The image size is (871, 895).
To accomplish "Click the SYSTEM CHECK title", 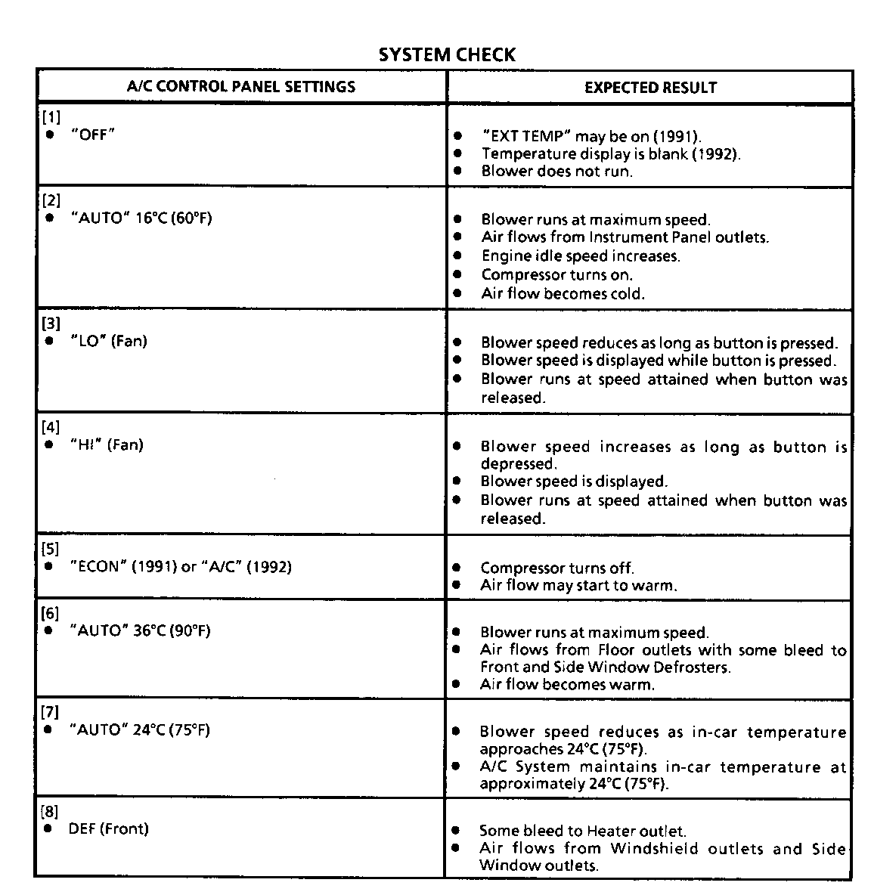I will pos(446,54).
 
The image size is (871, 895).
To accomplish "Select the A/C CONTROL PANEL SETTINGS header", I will pos(240,86).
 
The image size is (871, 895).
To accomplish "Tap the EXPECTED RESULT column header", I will pos(650,87).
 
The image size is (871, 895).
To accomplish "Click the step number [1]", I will pos(51,117).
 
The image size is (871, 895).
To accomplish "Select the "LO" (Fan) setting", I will pos(108,341).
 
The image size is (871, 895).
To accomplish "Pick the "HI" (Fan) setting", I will pos(106,444).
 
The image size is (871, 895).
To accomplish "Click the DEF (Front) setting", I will pos(108,828).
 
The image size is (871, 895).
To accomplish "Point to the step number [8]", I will pos(49,812).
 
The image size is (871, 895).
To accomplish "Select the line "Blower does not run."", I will pos(556,171).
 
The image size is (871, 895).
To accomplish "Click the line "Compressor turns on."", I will pos(556,274).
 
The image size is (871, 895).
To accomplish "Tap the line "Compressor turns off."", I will pos(556,568).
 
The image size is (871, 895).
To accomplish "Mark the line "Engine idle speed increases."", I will pos(580,255).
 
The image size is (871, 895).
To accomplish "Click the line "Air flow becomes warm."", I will pos(567,684).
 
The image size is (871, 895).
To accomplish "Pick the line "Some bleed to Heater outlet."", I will pos(583,831).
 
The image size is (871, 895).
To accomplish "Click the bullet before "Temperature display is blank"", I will pos(457,153).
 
